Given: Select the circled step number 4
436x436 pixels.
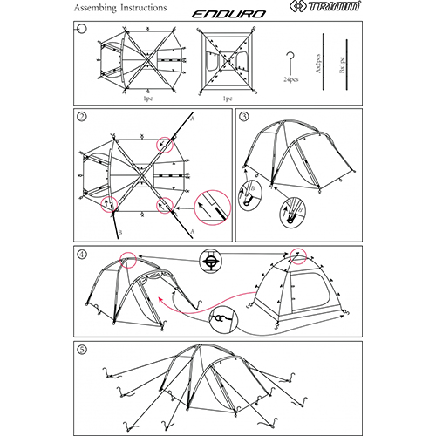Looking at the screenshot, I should coord(80,255).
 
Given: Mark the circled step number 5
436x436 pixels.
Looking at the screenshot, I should coord(80,351).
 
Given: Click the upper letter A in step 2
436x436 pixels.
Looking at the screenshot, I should coord(192,116).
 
